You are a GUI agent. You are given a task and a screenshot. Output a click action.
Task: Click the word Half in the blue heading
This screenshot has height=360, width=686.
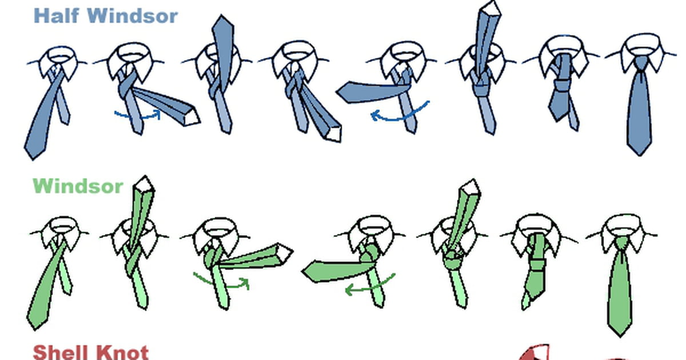(57, 15)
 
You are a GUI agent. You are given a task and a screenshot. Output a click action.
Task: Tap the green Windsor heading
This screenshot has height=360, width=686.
(78, 186)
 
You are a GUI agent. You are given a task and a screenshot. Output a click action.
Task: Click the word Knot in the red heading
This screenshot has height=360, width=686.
(122, 353)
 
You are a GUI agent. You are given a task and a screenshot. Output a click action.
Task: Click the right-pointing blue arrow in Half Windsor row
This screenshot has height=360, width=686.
(138, 115)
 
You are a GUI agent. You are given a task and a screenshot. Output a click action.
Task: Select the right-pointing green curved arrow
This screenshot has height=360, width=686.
(222, 283)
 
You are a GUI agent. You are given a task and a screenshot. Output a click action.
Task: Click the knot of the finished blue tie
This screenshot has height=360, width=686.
(641, 64)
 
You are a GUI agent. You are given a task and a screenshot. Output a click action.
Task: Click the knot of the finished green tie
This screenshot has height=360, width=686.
(621, 244)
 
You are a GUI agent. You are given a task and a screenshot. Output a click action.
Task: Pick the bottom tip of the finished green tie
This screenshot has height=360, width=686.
(620, 336)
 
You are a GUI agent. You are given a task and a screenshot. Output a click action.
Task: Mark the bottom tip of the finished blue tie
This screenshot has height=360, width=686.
(640, 155)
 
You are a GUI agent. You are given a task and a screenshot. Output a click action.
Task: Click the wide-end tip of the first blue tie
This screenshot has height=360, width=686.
(33, 159)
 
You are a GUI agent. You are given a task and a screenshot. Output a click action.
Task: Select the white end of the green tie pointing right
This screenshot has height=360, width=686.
(285, 253)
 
